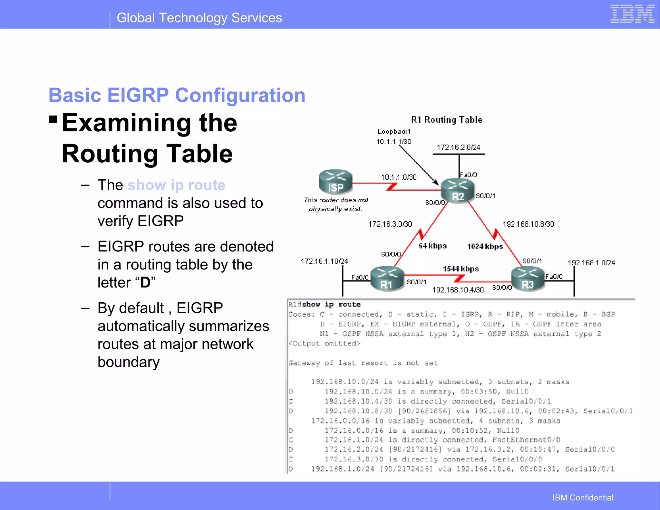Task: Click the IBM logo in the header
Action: pyautogui.click(x=632, y=14)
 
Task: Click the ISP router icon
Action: pyautogui.click(x=335, y=181)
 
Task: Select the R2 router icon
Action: pyautogui.click(x=458, y=190)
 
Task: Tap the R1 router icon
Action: pyautogui.click(x=387, y=279)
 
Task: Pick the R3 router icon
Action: pyautogui.click(x=528, y=279)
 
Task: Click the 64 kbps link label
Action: pyautogui.click(x=432, y=246)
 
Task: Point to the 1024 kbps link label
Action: pyautogui.click(x=485, y=247)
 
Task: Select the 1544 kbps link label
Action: pyautogui.click(x=461, y=269)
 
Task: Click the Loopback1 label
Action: pyautogui.click(x=394, y=131)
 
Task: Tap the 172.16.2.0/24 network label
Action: pyautogui.click(x=458, y=147)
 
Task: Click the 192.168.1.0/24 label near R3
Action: pyautogui.click(x=591, y=263)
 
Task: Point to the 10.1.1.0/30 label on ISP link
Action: pyautogui.click(x=399, y=177)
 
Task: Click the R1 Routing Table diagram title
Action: pyautogui.click(x=447, y=120)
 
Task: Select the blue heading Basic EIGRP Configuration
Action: pyautogui.click(x=177, y=95)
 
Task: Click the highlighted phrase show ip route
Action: pyautogui.click(x=176, y=185)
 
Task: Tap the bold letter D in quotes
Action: pyautogui.click(x=145, y=282)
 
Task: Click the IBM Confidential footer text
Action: pyautogui.click(x=583, y=498)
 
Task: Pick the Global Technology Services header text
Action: pyautogui.click(x=199, y=18)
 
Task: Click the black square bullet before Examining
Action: pyautogui.click(x=53, y=120)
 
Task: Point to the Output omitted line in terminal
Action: pyautogui.click(x=324, y=344)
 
